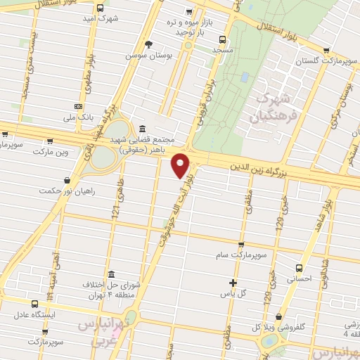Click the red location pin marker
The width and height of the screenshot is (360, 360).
tap(182, 165)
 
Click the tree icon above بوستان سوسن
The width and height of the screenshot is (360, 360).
tap(148, 44)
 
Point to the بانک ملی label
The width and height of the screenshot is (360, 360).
tap(77, 117)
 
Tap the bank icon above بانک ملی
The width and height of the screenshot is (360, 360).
tap(77, 106)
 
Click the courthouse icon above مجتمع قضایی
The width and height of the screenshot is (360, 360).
tap(143, 129)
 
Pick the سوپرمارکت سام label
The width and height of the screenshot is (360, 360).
tap(242, 255)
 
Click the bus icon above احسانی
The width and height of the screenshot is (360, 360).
tap(300, 268)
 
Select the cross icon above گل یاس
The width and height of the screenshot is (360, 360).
tap(233, 283)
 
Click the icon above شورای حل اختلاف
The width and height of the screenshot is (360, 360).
tap(112, 274)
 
